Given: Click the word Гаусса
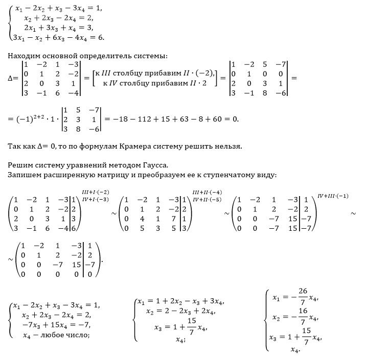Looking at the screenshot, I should point(154,165).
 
